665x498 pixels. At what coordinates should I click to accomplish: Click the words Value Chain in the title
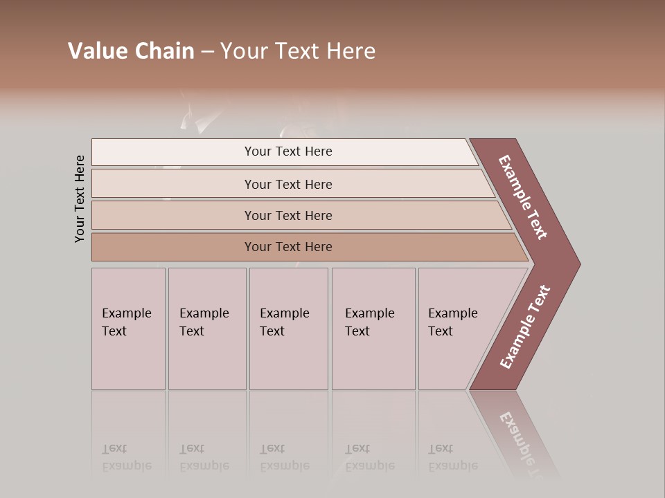(131, 51)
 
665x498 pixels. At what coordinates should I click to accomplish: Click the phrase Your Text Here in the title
(298, 51)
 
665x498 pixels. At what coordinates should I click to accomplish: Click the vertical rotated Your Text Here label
(80, 199)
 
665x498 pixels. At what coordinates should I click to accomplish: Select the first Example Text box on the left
(128, 329)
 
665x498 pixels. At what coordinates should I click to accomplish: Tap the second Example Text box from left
(206, 329)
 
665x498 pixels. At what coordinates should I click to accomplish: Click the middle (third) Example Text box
(287, 329)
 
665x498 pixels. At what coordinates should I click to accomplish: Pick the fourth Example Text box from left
(373, 329)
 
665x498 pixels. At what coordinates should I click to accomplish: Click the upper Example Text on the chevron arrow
(524, 197)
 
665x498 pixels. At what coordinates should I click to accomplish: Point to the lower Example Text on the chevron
(525, 327)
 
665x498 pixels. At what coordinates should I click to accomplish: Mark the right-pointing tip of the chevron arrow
(578, 264)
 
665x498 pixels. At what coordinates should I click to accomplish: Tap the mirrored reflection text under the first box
(126, 457)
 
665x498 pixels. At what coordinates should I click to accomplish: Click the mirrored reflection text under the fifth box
(452, 457)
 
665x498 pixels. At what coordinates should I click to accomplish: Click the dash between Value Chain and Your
(207, 52)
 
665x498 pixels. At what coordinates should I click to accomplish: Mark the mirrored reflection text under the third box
(284, 457)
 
